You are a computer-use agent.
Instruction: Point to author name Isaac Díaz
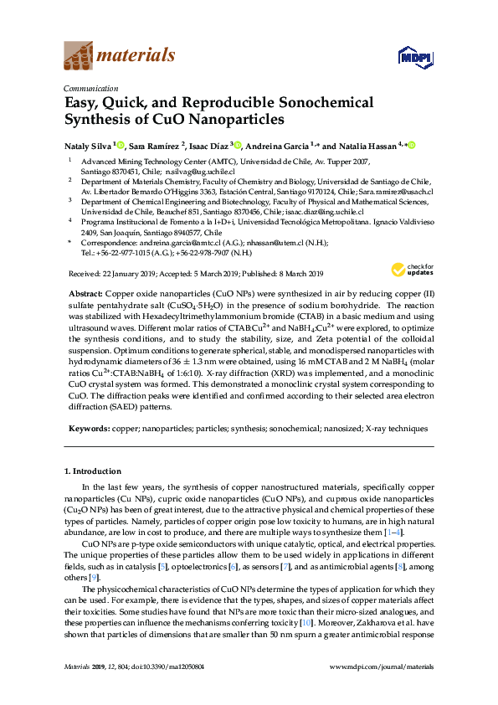tap(208, 145)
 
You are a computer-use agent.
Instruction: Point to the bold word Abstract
tap(85, 295)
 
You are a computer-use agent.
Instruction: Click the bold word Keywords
tap(89, 428)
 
